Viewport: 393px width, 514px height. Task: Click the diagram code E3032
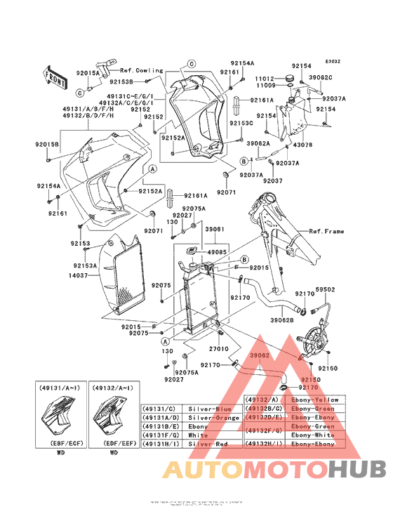(332, 61)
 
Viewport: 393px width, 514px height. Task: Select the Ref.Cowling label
(141, 71)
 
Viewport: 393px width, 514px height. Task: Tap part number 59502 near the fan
(325, 289)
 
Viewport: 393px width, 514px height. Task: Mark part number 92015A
(88, 73)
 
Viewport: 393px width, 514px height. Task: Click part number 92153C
(241, 123)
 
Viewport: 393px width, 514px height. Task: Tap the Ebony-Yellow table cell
(314, 400)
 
